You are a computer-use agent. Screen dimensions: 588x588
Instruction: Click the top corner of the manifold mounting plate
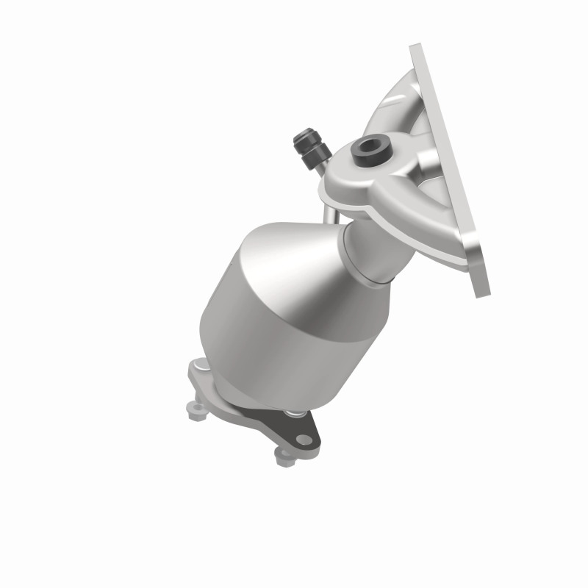(417, 49)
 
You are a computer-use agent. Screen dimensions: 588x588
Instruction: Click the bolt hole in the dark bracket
(302, 440)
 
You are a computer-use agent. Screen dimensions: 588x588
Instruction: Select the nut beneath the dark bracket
(284, 457)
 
